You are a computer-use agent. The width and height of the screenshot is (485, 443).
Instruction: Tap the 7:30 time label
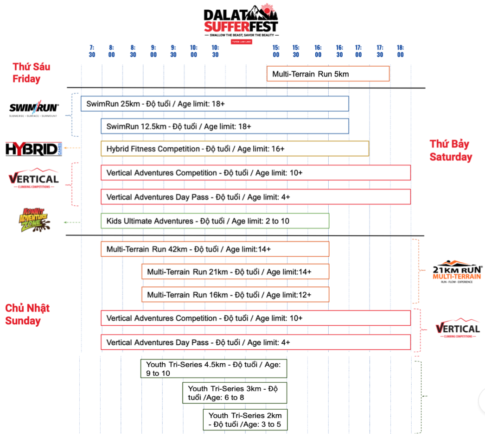point(91,51)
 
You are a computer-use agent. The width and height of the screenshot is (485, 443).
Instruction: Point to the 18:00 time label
point(400,51)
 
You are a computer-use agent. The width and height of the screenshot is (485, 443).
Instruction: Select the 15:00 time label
point(276,51)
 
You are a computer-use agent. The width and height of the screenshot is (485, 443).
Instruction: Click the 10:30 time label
point(215,51)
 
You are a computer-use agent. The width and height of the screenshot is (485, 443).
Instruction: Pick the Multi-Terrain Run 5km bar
point(328,74)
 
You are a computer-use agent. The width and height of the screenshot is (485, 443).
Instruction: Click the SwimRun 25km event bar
point(215,104)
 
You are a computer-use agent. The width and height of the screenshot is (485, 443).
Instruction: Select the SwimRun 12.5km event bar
point(225,126)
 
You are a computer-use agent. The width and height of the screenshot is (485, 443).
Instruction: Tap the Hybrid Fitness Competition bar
point(235,149)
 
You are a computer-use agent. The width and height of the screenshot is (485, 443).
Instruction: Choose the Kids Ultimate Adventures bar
point(215,221)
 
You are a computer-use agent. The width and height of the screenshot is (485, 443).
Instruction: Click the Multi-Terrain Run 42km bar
point(215,249)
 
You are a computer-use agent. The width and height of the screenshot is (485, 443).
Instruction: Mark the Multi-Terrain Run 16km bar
point(235,295)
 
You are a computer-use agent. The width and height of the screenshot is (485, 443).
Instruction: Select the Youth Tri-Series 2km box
point(245,420)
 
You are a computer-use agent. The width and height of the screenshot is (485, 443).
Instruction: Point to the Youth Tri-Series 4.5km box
point(214,368)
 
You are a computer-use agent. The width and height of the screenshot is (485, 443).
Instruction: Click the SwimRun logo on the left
point(34,109)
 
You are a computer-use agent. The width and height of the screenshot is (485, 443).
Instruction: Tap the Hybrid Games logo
point(33,149)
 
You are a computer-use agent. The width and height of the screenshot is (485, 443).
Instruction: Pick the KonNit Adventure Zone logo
point(33,220)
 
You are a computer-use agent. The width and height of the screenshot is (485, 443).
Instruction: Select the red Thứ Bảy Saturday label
point(450,151)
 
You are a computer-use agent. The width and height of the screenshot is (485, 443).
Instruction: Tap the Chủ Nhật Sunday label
point(27,315)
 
